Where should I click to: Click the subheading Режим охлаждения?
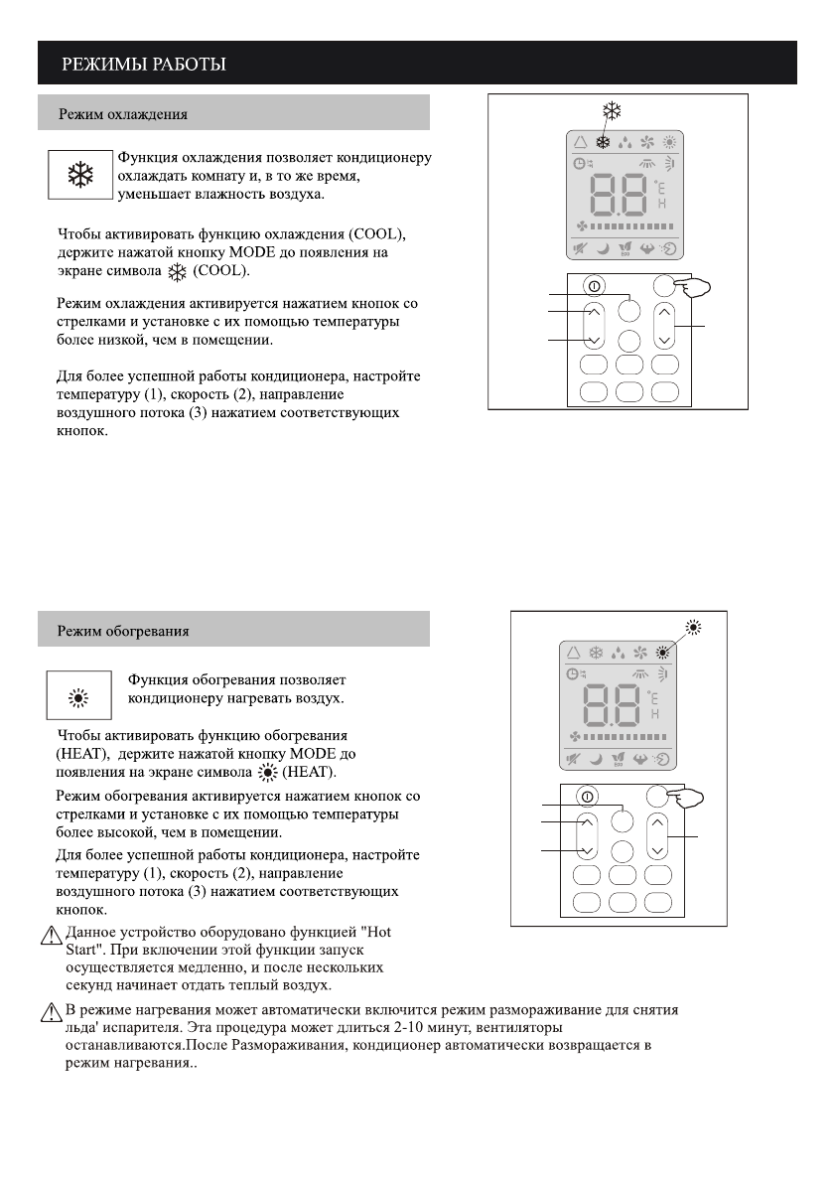(x=123, y=113)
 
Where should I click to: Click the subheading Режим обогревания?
(x=123, y=630)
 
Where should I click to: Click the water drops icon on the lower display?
(x=622, y=653)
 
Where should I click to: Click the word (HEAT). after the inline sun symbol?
(x=311, y=772)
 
